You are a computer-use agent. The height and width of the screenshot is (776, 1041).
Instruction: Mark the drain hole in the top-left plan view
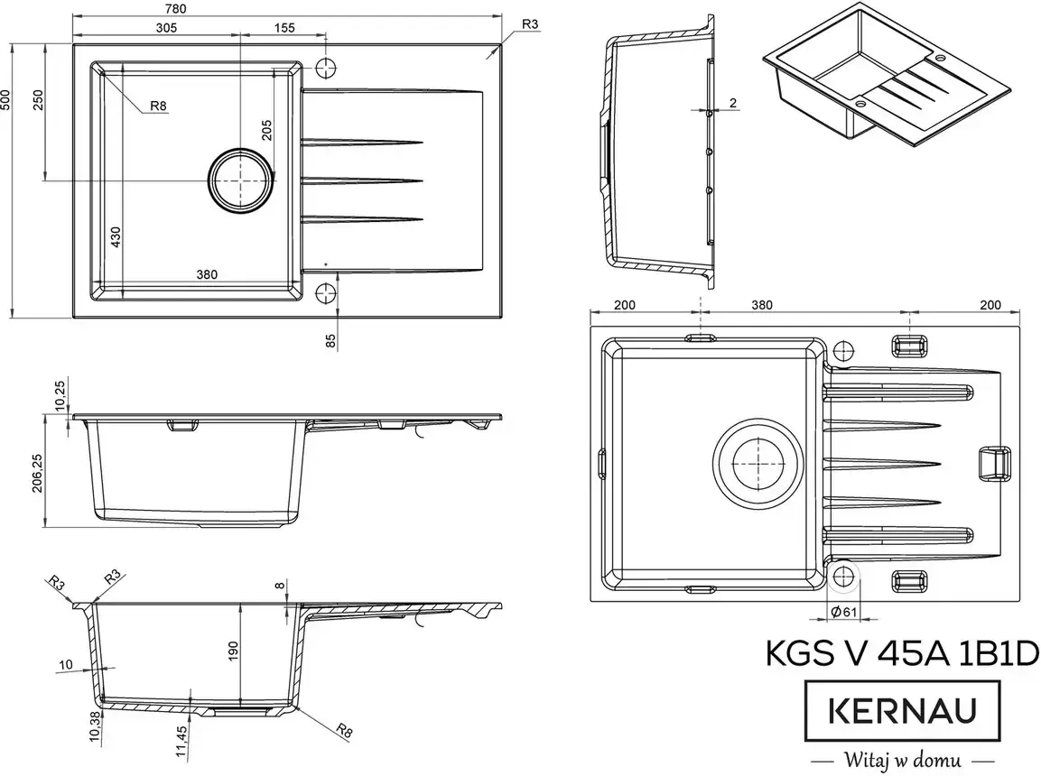click(241, 180)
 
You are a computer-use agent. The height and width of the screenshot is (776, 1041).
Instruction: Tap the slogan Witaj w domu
click(904, 757)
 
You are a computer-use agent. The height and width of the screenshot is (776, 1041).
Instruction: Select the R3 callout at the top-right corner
click(530, 25)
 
